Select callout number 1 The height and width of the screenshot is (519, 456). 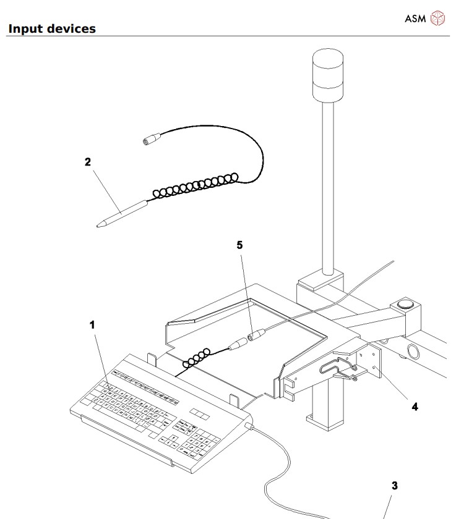pyautogui.click(x=93, y=324)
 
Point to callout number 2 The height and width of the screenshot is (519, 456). pyautogui.click(x=88, y=162)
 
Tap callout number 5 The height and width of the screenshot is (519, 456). pyautogui.click(x=240, y=245)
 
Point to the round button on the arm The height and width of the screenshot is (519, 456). pyautogui.click(x=406, y=303)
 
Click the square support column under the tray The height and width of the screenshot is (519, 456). pyautogui.click(x=325, y=408)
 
